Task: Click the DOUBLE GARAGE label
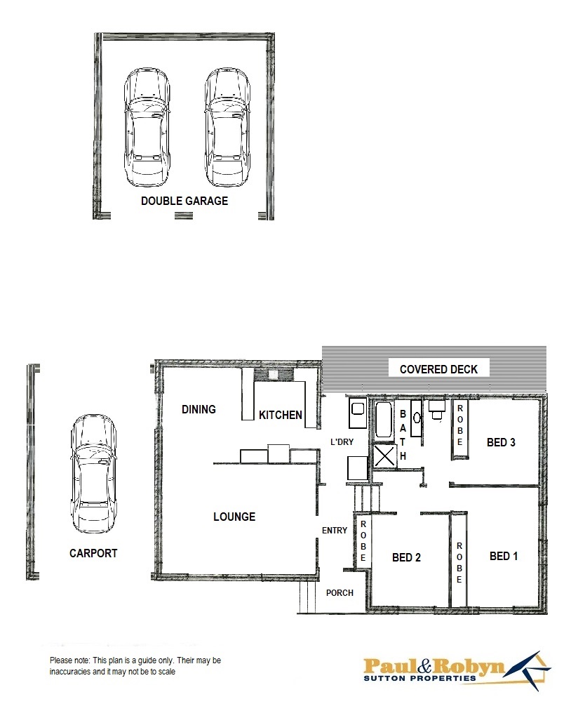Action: click(184, 201)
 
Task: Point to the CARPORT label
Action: click(93, 553)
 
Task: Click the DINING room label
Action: click(199, 409)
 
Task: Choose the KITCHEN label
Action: click(281, 415)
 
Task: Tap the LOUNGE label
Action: click(234, 517)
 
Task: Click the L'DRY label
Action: click(342, 442)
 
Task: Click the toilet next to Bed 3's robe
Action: click(436, 408)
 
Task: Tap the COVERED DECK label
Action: click(438, 369)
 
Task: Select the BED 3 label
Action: click(502, 442)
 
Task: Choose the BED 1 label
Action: click(504, 556)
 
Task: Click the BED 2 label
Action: click(406, 557)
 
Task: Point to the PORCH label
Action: click(340, 592)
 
